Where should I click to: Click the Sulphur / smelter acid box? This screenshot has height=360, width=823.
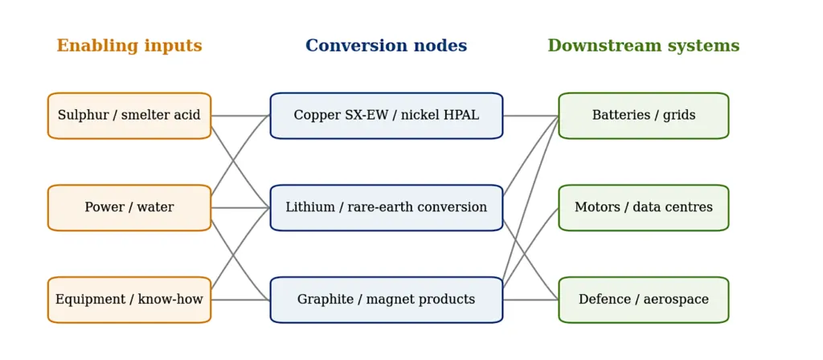click(x=129, y=116)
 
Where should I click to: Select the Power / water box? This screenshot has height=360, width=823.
click(x=129, y=208)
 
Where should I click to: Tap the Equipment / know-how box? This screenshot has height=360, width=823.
click(x=129, y=300)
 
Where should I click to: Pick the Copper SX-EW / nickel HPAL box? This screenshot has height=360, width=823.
click(x=387, y=116)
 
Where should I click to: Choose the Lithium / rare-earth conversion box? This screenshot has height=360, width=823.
click(x=387, y=208)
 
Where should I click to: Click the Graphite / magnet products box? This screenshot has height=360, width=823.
click(x=387, y=300)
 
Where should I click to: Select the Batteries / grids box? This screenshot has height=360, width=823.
click(x=644, y=116)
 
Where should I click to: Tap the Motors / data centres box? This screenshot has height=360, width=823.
click(x=644, y=208)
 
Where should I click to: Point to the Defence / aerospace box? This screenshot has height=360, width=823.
click(x=644, y=300)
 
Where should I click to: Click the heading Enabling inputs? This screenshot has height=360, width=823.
click(x=129, y=46)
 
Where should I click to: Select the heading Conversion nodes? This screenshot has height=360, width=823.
click(x=387, y=46)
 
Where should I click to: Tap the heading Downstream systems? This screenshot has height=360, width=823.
click(x=644, y=46)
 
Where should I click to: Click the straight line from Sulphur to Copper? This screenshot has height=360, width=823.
click(x=240, y=116)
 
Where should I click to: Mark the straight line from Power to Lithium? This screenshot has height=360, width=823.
click(x=240, y=208)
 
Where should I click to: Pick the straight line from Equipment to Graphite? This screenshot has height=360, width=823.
click(x=240, y=300)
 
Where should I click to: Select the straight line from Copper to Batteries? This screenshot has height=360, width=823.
click(x=530, y=116)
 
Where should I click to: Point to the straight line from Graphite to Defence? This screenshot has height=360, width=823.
click(x=530, y=300)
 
